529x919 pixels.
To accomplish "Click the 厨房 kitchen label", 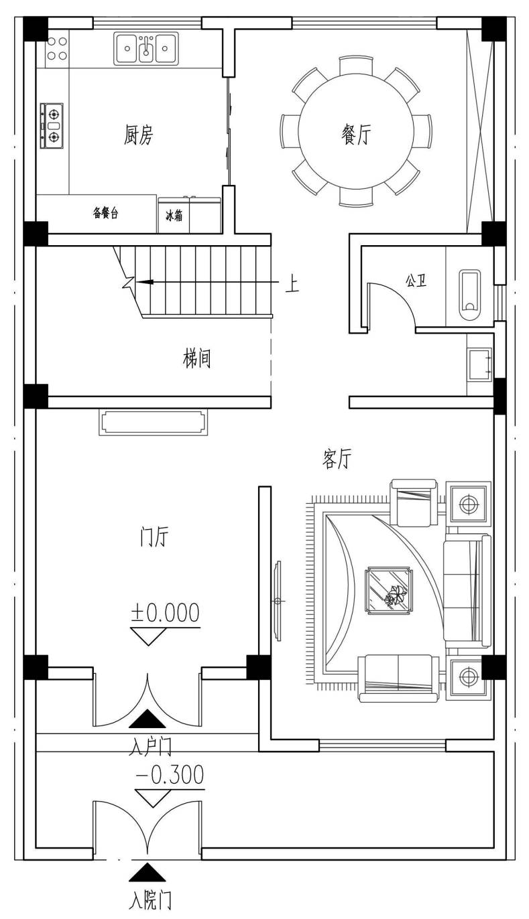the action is [x=139, y=135].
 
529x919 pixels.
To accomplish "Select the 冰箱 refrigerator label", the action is [x=174, y=216].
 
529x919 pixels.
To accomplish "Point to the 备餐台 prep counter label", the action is [x=105, y=213].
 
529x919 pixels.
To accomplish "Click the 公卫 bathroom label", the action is [x=416, y=281].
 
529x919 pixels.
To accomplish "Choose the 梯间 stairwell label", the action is [x=196, y=358].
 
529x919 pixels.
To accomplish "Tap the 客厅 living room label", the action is [x=337, y=459].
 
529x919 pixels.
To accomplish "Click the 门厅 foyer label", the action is [x=154, y=537].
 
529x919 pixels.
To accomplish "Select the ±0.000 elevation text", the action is [x=166, y=612].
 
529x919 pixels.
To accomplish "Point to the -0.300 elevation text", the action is [x=170, y=775].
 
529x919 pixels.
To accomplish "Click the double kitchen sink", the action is [x=145, y=49].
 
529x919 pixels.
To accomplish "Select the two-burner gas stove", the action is [x=52, y=125].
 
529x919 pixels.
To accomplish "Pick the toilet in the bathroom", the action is [x=470, y=295].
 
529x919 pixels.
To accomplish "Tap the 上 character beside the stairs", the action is [x=292, y=283].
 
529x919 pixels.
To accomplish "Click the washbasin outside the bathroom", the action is [x=479, y=364].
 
